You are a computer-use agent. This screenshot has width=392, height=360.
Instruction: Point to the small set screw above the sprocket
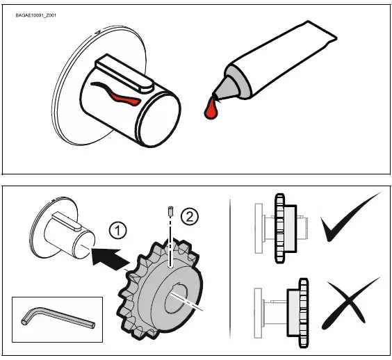click(x=170, y=210)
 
